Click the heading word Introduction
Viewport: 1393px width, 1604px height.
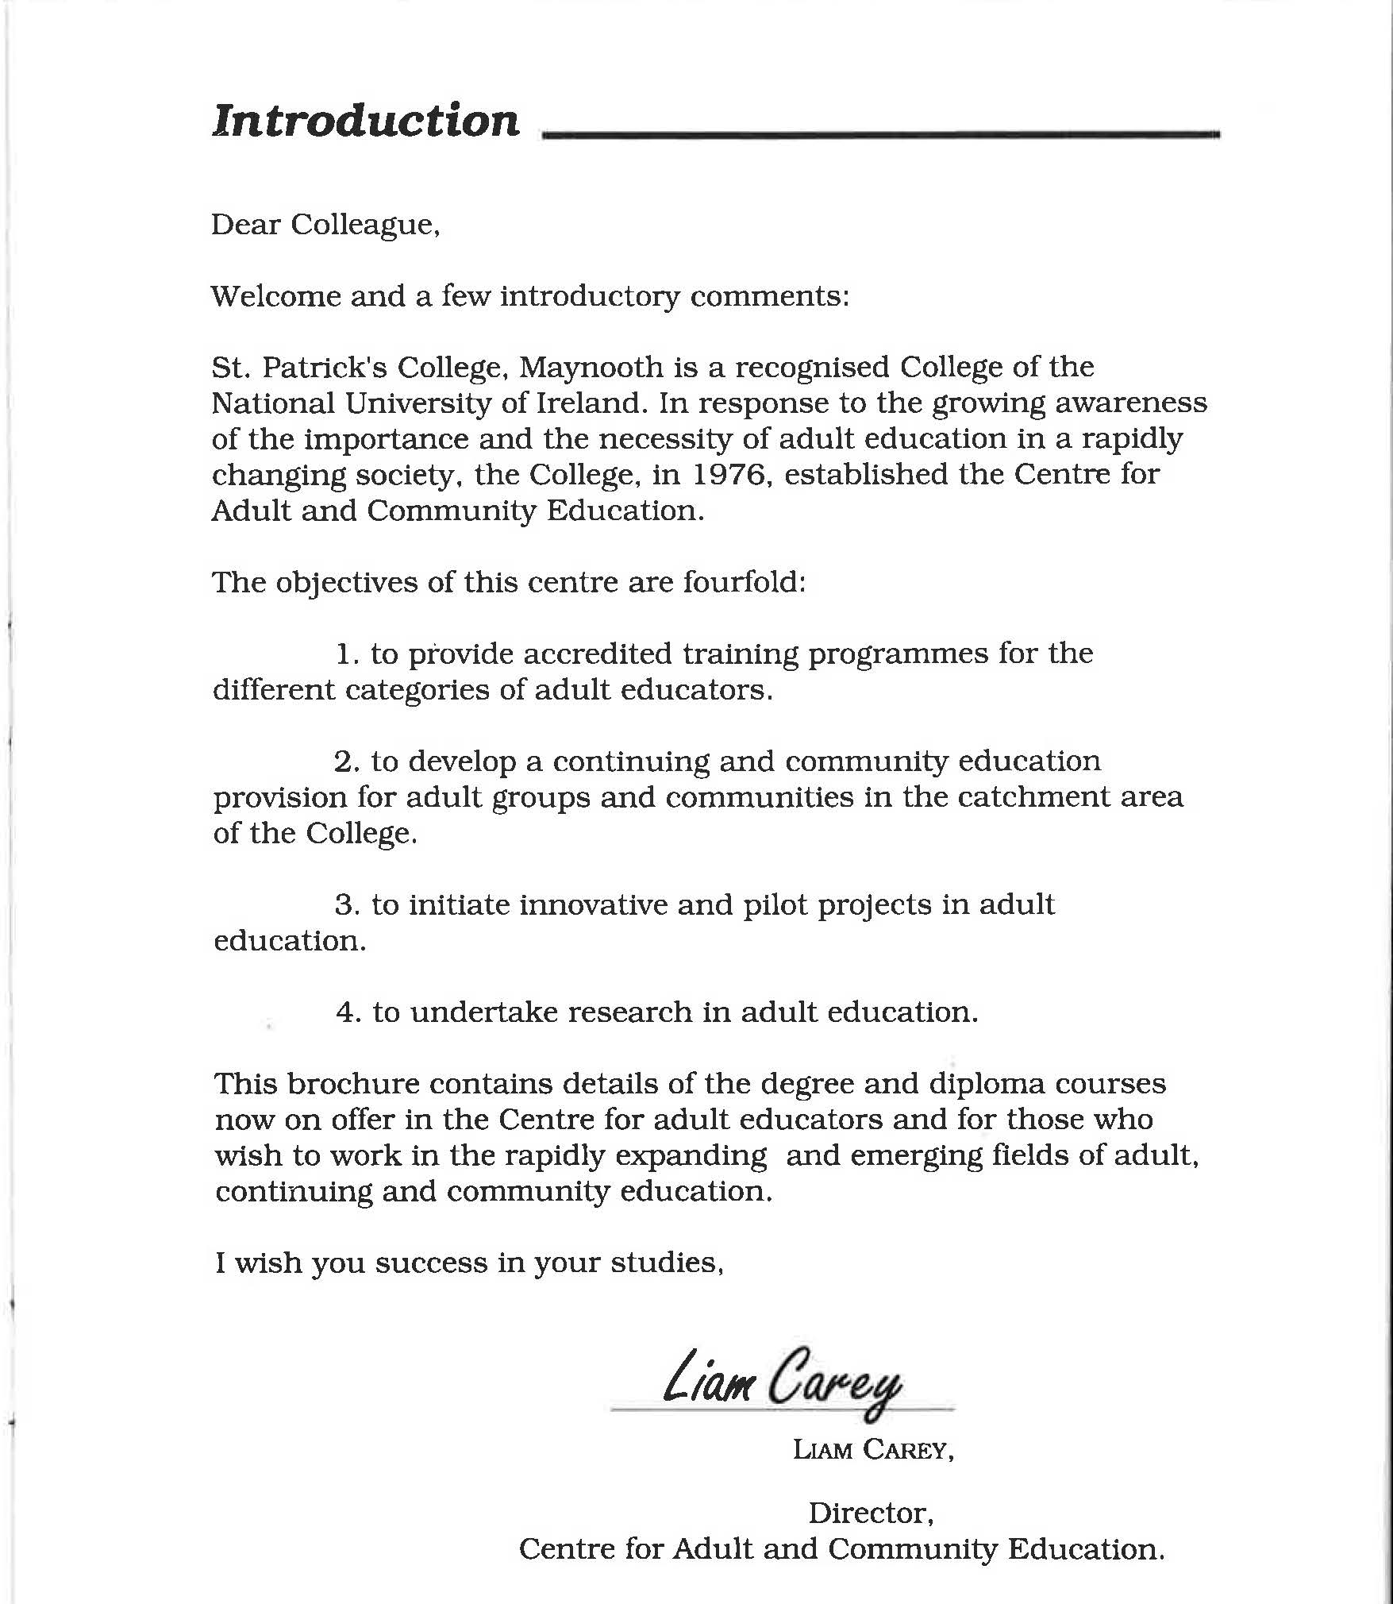coord(365,121)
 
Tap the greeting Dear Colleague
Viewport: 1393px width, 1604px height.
coord(325,225)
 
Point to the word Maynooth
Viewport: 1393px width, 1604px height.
coord(592,367)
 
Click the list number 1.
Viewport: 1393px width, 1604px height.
coord(346,654)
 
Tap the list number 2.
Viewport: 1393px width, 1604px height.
coord(346,762)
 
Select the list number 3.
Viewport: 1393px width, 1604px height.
coord(346,904)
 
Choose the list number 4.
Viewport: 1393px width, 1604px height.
coord(348,1012)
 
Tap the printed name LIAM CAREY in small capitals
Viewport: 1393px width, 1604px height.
coord(872,1449)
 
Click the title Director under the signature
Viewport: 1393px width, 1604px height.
coord(870,1513)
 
